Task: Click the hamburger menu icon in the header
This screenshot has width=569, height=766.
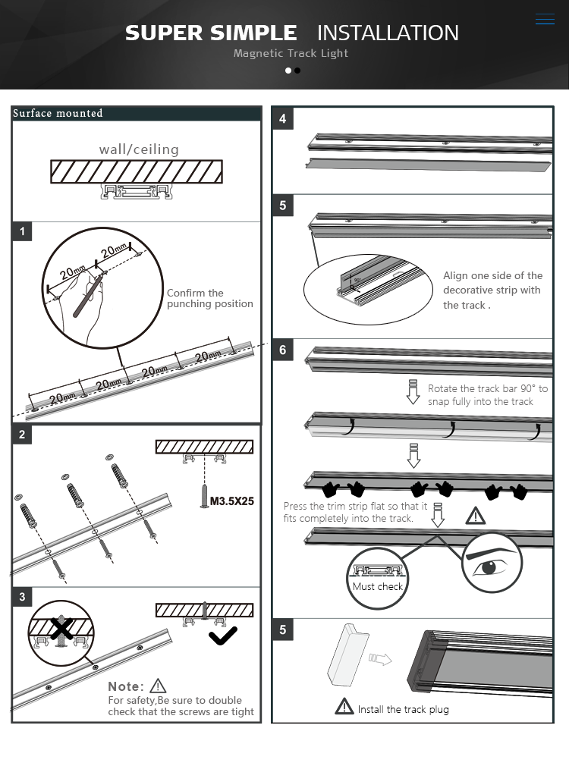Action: (x=545, y=19)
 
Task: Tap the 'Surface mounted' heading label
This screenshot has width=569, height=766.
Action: (x=58, y=114)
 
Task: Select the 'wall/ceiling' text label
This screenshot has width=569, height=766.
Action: (x=139, y=149)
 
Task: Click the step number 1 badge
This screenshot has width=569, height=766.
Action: (x=23, y=232)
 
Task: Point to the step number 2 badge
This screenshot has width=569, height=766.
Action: (x=23, y=435)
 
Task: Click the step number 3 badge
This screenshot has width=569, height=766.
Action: (x=23, y=597)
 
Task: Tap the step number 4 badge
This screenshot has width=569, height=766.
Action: (x=283, y=118)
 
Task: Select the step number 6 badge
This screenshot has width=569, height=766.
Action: (x=283, y=350)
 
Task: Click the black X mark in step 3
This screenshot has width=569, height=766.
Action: (x=61, y=628)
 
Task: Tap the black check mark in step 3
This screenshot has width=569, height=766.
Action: (x=222, y=636)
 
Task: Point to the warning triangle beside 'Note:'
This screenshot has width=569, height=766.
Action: (x=158, y=686)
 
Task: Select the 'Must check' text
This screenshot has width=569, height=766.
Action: (x=378, y=586)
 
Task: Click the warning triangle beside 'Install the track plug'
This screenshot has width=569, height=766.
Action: (x=344, y=707)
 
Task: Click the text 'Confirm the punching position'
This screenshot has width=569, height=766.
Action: (x=209, y=298)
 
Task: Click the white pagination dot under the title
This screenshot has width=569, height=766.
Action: (x=288, y=71)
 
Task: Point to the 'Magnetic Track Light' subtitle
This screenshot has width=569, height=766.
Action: (x=291, y=53)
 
